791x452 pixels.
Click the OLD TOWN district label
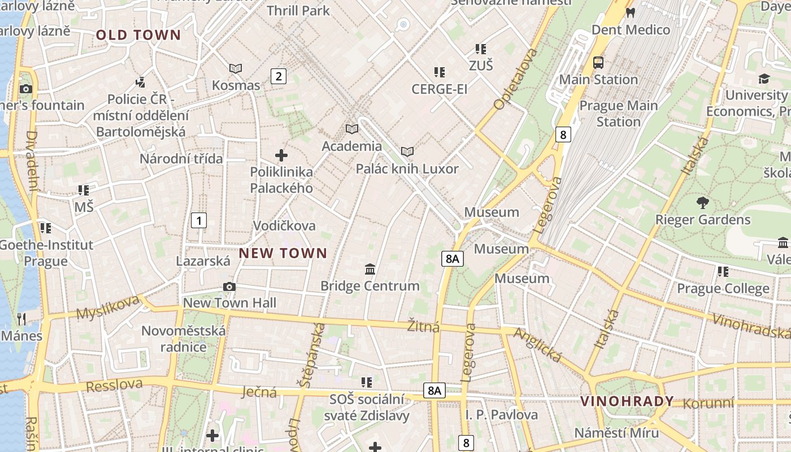(x=138, y=35)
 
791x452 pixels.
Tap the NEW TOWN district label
(x=283, y=253)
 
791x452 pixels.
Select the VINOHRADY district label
(x=627, y=401)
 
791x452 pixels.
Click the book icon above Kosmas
(x=236, y=68)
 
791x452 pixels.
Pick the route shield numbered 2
(x=278, y=76)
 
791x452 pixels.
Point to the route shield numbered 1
(x=199, y=220)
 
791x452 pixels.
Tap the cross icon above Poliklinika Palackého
(x=281, y=155)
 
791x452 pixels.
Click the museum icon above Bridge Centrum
(x=370, y=269)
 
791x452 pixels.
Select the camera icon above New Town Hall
(x=229, y=287)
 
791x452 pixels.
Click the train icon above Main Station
(x=598, y=63)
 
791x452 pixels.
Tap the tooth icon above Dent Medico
(x=631, y=12)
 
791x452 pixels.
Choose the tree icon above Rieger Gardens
(x=703, y=202)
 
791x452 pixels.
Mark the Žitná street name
(x=423, y=325)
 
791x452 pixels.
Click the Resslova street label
(x=114, y=385)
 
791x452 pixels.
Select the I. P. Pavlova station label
(x=502, y=415)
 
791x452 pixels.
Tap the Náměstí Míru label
(x=616, y=433)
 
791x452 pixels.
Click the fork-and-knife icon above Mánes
(x=21, y=319)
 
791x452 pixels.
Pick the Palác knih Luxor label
(x=407, y=168)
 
